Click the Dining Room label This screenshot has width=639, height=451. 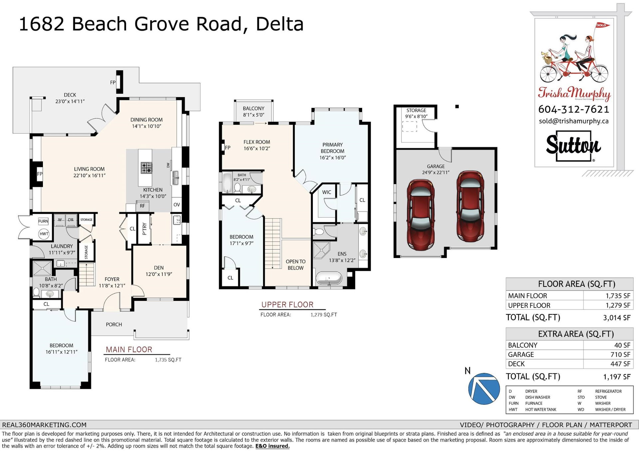(x=146, y=120)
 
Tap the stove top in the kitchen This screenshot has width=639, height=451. (x=146, y=168)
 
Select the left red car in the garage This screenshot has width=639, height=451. (x=420, y=215)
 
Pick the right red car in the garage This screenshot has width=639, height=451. (x=470, y=206)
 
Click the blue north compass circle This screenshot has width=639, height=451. (x=484, y=389)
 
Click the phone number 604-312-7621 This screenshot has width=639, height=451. (x=574, y=109)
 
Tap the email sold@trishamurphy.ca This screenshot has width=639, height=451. (x=574, y=121)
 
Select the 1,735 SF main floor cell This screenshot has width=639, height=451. (x=608, y=296)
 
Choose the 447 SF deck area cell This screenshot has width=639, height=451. (x=608, y=364)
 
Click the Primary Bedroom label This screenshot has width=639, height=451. (x=332, y=148)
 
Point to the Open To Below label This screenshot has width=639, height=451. (x=296, y=265)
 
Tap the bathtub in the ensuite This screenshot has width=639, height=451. (x=329, y=278)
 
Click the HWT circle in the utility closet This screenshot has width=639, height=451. (x=44, y=234)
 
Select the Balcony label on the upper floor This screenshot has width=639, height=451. (x=254, y=109)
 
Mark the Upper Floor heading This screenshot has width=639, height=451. (x=287, y=305)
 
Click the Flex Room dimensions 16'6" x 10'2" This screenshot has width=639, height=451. (x=257, y=148)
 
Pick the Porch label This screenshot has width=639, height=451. (x=114, y=325)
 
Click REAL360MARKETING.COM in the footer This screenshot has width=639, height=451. (x=44, y=425)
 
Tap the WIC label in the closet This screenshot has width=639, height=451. (x=326, y=192)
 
